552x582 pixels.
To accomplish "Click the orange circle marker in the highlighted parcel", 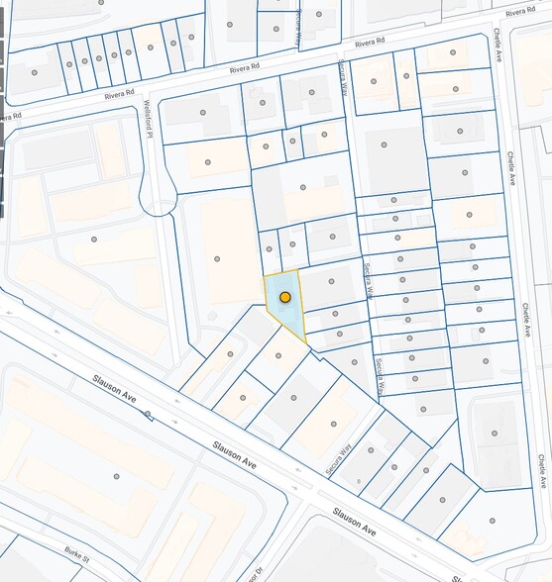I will (285, 297).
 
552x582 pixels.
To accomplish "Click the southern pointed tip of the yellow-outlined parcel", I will (305, 344).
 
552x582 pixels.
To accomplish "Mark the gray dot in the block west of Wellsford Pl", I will (94, 239).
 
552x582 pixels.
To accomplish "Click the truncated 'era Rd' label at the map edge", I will (8, 117).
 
